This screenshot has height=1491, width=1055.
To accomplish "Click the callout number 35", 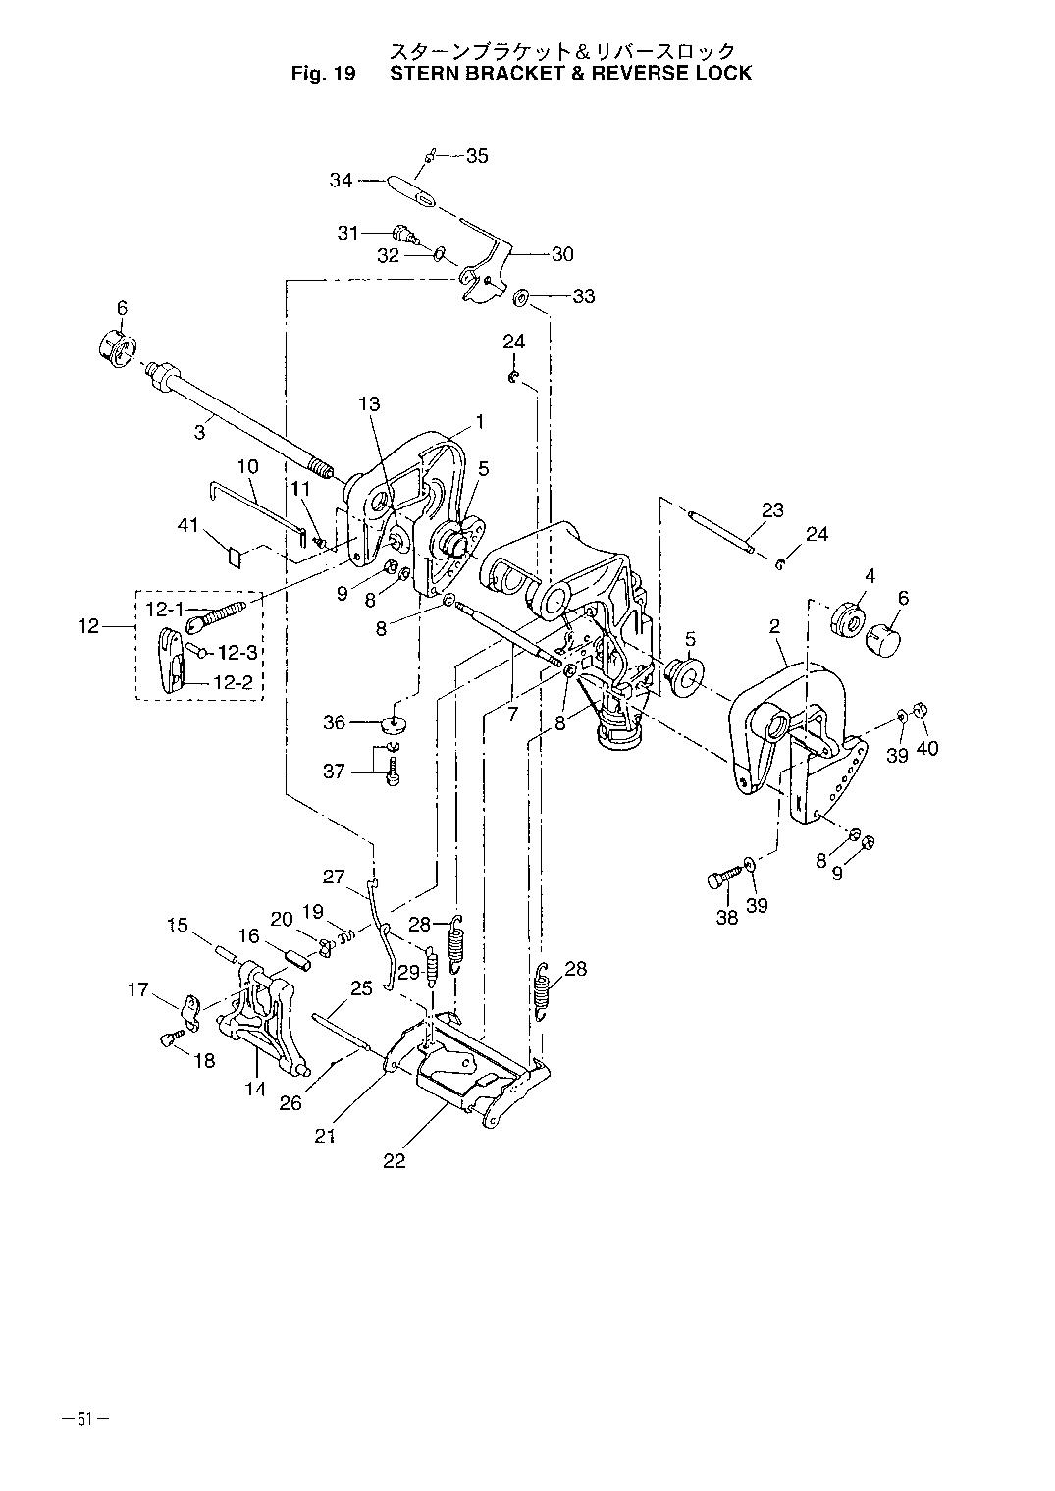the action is (x=477, y=156).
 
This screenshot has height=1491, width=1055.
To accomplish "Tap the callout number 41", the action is (x=187, y=525).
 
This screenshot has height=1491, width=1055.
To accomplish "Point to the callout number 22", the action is (x=395, y=1161).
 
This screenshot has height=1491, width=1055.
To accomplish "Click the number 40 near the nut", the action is (x=927, y=748).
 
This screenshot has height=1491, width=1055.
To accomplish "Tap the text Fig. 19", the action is (x=323, y=74).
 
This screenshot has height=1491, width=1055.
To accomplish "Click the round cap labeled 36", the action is (x=396, y=721).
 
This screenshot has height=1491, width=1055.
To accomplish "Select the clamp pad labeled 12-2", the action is (x=172, y=661).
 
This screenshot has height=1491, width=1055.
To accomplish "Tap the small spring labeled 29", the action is (x=431, y=964).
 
